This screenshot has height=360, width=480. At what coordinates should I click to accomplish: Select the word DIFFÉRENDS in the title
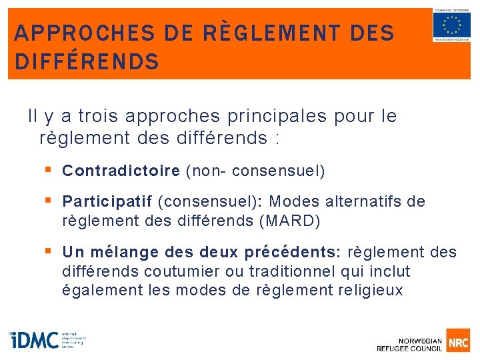(87, 62)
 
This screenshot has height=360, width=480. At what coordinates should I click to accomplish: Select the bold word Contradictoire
(121, 171)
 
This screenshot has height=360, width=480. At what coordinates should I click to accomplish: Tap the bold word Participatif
(107, 201)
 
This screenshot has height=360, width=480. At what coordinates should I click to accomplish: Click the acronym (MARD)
(289, 220)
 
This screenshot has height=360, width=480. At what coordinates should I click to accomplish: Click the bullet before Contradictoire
(48, 171)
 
